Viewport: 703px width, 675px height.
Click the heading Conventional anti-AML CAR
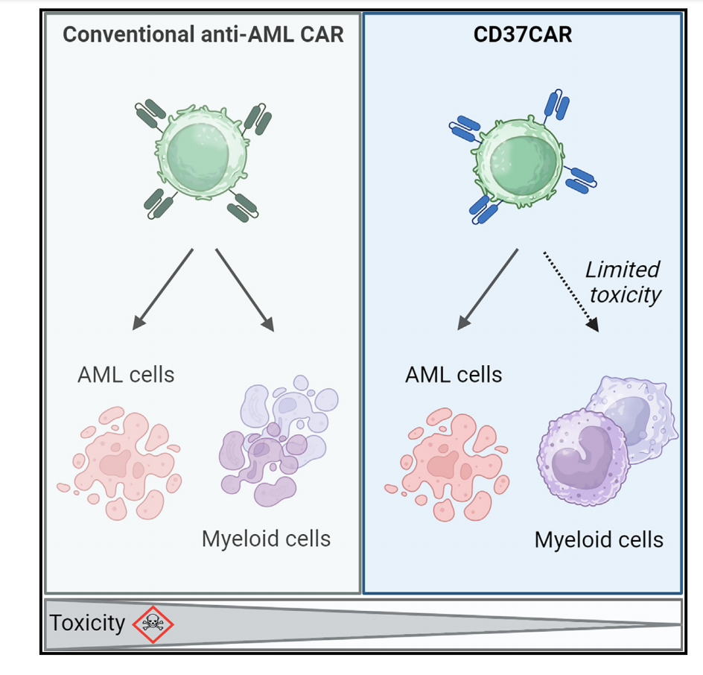point(203,35)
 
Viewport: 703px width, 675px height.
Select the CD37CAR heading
point(522,35)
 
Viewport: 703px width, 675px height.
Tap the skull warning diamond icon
point(153,623)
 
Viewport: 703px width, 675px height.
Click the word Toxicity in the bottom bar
point(87,623)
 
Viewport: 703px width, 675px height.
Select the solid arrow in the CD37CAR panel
point(488,289)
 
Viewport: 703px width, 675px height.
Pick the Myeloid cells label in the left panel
point(266,538)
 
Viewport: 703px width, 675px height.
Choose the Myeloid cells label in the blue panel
point(598,539)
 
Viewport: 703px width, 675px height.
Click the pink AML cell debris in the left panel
point(119,462)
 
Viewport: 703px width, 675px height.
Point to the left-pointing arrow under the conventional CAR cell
point(162,289)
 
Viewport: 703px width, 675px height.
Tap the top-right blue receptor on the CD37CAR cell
point(556,107)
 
